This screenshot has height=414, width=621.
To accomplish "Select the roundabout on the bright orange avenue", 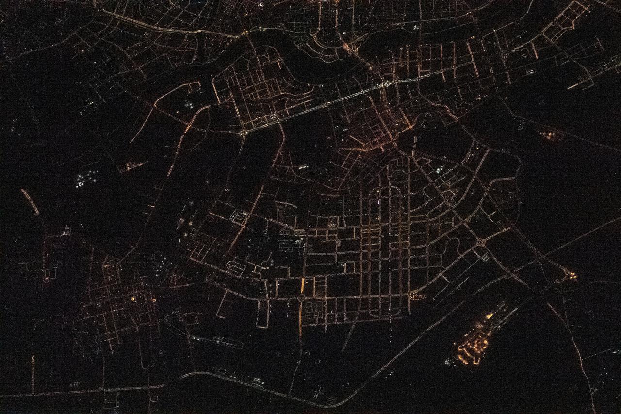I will point(302,297).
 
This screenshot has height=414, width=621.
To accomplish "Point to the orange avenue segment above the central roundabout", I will point(302,285).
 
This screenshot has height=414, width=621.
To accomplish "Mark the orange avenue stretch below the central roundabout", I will point(301,320).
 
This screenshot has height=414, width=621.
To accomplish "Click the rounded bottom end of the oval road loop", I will point(388,315).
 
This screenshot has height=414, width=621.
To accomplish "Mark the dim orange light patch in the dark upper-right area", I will point(551,135).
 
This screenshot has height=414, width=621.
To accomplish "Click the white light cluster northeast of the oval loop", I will point(439,169).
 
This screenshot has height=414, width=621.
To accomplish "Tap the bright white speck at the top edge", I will point(261,4).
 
